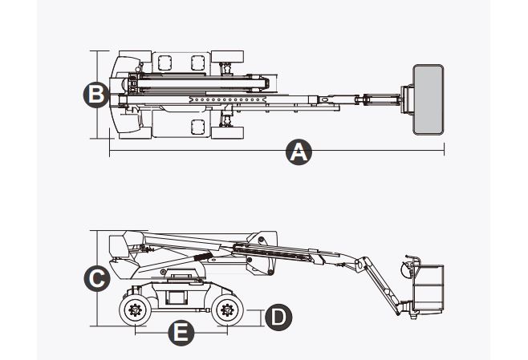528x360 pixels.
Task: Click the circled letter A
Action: pos(299,151)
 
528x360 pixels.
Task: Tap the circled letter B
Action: pos(95,94)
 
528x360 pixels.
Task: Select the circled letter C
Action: pos(95,279)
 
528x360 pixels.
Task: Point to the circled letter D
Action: pos(278,316)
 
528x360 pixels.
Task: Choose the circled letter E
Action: pos(183,331)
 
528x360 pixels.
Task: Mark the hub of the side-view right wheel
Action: pos(226,309)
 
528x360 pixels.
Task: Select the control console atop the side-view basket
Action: pos(412,263)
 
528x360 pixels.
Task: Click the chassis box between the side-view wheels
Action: pos(175,294)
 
